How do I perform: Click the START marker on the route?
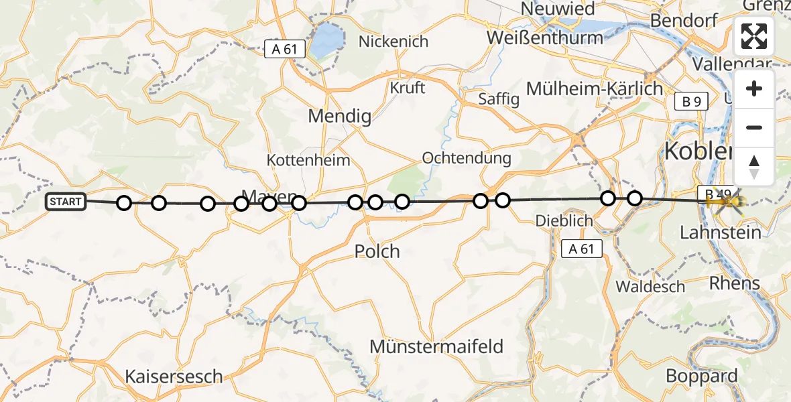66,201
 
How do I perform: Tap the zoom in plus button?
754,89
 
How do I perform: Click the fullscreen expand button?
754,36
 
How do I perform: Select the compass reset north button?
754,166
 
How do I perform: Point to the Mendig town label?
339,117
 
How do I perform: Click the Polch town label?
377,251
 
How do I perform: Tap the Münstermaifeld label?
436,346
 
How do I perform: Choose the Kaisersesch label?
174,376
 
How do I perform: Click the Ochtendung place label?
467,159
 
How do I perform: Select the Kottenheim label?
308,160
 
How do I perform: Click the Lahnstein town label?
721,232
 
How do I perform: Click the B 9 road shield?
691,102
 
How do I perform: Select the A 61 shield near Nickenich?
285,49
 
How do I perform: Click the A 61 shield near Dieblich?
581,249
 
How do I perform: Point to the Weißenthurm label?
545,38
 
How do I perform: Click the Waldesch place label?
650,287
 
